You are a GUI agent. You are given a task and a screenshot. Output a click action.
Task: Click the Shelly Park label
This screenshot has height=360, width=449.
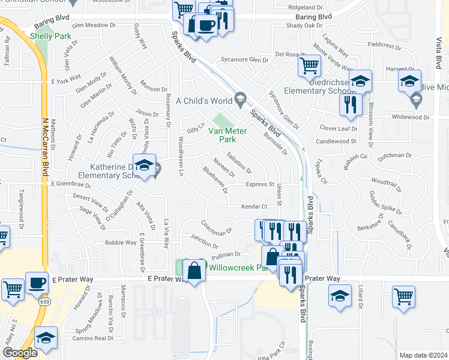point(51,37)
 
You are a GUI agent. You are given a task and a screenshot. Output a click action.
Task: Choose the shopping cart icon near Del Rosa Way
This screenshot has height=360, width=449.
point(310,67)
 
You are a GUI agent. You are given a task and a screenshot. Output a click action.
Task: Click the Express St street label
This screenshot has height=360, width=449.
point(259,185)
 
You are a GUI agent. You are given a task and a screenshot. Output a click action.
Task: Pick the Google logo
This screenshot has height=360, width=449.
point(20,353)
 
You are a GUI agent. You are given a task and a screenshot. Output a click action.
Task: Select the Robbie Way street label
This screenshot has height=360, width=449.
point(121,243)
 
